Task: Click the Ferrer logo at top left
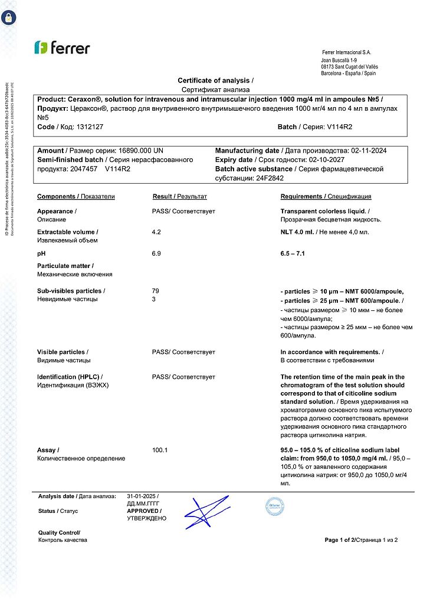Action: (61, 48)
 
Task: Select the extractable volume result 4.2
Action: (156, 232)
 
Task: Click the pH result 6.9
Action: (156, 253)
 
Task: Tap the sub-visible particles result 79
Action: (156, 291)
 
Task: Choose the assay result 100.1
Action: (160, 450)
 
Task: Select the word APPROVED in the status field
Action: (143, 511)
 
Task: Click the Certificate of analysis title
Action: (215, 81)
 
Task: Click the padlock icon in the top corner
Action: (9, 17)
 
